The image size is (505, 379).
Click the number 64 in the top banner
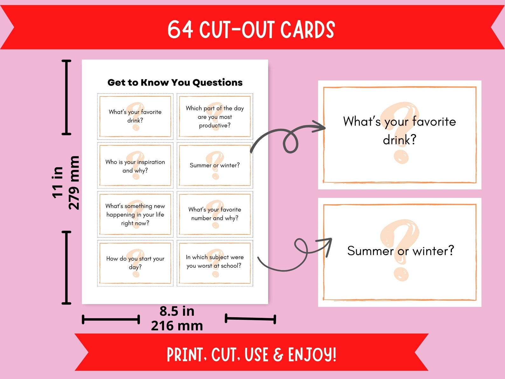click(x=180, y=30)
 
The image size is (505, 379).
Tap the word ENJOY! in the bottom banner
click(x=312, y=354)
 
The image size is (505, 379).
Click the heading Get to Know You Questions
click(x=175, y=82)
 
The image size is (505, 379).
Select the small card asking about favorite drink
click(x=135, y=116)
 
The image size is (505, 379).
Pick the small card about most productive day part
click(x=215, y=116)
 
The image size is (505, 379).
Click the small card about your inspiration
click(x=135, y=166)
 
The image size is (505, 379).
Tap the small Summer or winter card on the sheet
click(x=215, y=165)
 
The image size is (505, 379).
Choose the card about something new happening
click(x=135, y=214)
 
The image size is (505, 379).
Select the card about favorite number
click(x=215, y=214)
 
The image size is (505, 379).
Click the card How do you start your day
click(x=135, y=263)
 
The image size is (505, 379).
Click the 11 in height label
click(x=58, y=182)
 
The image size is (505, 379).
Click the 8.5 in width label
click(x=177, y=311)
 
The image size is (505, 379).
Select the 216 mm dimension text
click(x=177, y=326)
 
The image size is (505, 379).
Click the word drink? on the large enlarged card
click(x=399, y=140)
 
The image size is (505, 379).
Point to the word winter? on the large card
click(x=433, y=251)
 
